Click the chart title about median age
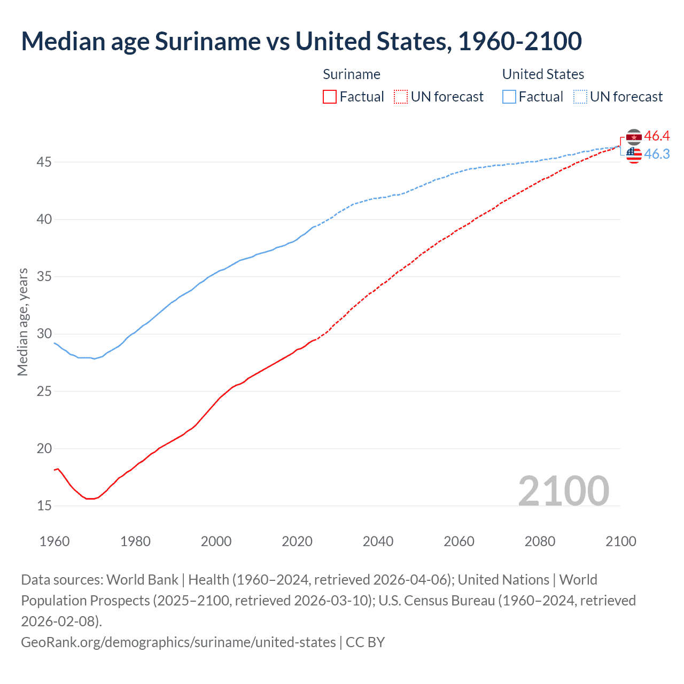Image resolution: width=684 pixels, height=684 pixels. coord(301,42)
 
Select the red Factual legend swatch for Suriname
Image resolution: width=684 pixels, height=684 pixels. coord(330,97)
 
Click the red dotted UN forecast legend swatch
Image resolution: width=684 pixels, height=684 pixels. coord(401,97)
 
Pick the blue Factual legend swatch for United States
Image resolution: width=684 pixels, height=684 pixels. coord(509,97)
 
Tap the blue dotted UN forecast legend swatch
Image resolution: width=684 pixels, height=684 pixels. coord(580,97)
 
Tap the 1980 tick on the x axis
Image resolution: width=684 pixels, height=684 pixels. coord(135,541)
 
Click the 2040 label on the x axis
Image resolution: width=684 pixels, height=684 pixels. coord(378,541)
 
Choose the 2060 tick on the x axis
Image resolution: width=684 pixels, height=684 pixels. coord(459,541)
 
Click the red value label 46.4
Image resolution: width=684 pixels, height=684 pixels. coord(657,136)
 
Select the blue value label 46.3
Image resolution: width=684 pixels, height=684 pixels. coord(657,154)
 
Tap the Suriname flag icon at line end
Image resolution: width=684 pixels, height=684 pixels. coord(634,137)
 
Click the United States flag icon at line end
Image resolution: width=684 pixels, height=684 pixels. coord(634,155)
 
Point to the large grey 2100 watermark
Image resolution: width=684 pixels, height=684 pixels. coord(563,491)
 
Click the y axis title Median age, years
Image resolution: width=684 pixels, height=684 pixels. coord(22,322)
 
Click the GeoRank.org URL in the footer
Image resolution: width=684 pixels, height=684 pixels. coord(178,642)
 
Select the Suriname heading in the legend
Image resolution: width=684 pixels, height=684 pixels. coord(352,74)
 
